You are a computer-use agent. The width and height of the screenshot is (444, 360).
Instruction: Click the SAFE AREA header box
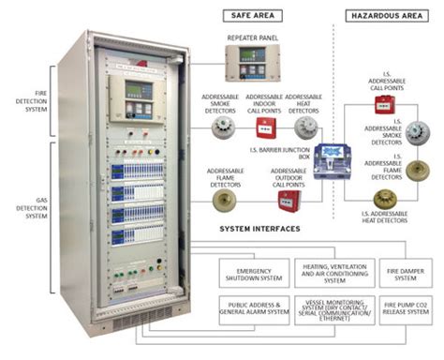246,16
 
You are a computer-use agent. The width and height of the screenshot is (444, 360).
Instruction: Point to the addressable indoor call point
265,127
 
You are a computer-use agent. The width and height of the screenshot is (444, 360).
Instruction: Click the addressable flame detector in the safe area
221,196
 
